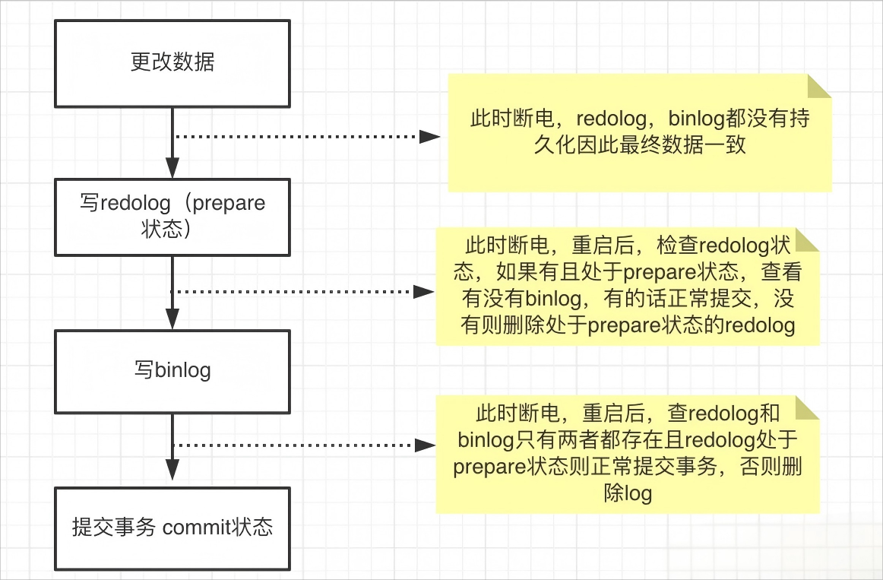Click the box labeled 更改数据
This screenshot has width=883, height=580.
pyautogui.click(x=172, y=64)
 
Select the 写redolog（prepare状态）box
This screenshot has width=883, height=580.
pyautogui.click(x=172, y=217)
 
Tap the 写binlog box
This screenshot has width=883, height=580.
pyautogui.click(x=172, y=372)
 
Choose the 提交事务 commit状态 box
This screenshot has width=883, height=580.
pyautogui.click(x=172, y=529)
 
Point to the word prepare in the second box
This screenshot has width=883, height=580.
pyautogui.click(x=229, y=204)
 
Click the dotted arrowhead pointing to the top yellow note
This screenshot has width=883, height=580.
pyautogui.click(x=429, y=136)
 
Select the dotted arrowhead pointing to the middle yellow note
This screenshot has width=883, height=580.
pyautogui.click(x=423, y=292)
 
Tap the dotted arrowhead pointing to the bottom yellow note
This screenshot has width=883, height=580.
pyautogui.click(x=426, y=445)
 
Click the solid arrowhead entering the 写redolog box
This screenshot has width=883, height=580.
pyautogui.click(x=172, y=168)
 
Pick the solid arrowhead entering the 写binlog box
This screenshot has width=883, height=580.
pyautogui.click(x=172, y=319)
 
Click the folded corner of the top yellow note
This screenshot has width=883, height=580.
pyautogui.click(x=820, y=86)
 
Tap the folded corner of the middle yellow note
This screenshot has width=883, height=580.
pyautogui.click(x=808, y=240)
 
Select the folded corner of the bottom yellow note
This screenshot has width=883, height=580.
pyautogui.click(x=808, y=407)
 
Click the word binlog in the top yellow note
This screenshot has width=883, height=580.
pyautogui.click(x=696, y=119)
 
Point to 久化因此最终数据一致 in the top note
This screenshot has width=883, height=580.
pyautogui.click(x=640, y=145)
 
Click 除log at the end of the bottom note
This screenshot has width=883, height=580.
pyautogui.click(x=628, y=493)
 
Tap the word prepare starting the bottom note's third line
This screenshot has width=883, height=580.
pyautogui.click(x=489, y=467)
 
